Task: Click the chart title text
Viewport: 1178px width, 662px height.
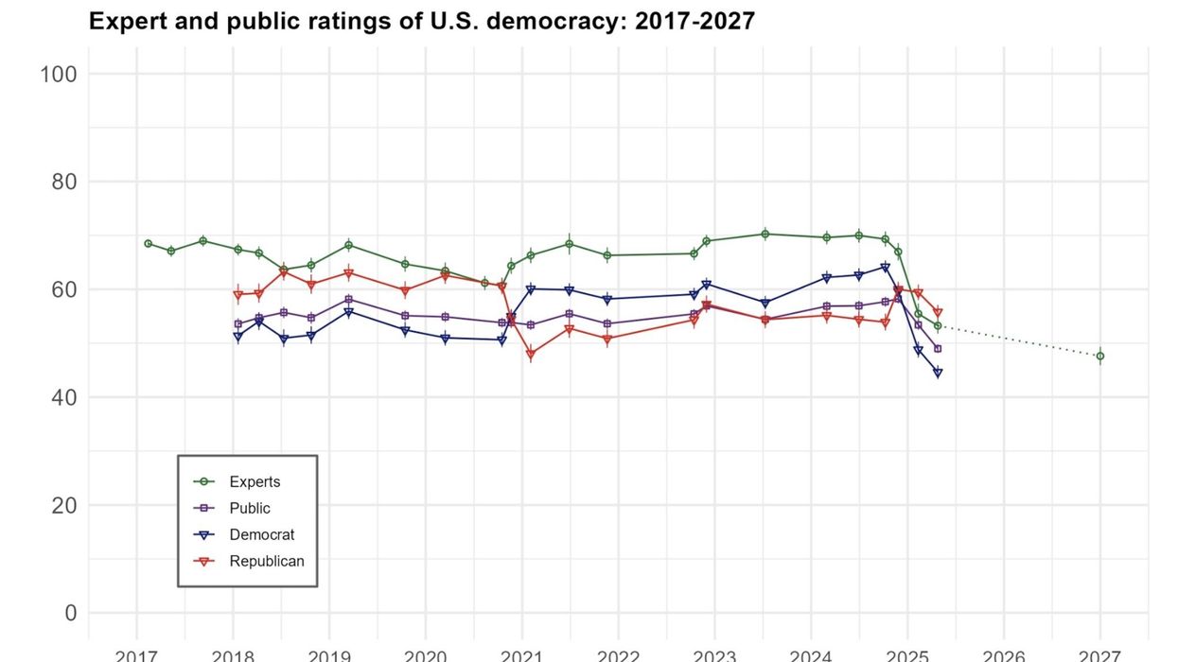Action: coord(422,21)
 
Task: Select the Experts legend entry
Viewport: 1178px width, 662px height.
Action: coord(255,481)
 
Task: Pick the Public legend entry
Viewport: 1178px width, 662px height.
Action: coord(250,508)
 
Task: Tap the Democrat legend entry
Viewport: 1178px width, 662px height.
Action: coord(261,534)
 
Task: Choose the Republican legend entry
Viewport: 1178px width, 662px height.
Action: coord(266,561)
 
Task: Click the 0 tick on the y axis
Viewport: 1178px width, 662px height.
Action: coord(69,613)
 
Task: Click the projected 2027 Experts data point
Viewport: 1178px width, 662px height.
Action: coord(1100,357)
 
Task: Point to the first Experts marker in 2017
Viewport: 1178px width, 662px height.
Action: coord(148,243)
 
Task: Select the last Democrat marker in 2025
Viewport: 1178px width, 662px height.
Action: coord(938,373)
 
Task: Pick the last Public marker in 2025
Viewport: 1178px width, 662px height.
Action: coord(938,349)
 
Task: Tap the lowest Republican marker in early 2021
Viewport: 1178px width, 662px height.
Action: coord(531,355)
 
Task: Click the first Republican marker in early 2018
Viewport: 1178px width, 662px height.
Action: coord(238,295)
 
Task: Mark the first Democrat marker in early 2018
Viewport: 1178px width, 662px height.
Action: coord(238,337)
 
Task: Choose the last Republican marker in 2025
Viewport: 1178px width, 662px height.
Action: coord(938,312)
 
